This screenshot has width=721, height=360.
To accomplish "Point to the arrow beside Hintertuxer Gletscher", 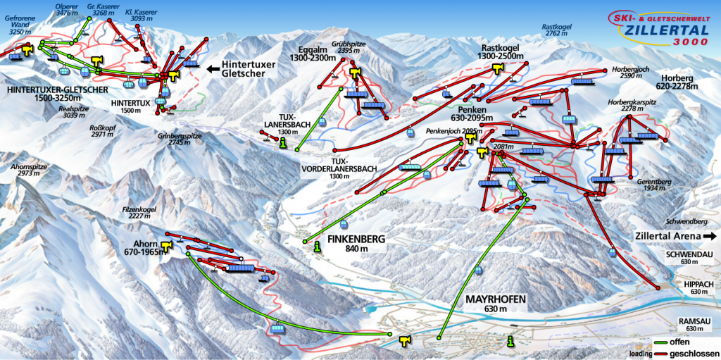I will [212, 69].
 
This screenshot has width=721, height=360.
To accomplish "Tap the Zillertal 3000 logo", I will [659, 32].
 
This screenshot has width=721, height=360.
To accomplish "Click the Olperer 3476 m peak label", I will [67, 9].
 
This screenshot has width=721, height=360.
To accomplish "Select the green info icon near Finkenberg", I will [317, 246].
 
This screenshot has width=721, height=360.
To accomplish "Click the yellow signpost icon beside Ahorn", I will [167, 245].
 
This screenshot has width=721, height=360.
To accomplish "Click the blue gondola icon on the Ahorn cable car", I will [277, 327].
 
